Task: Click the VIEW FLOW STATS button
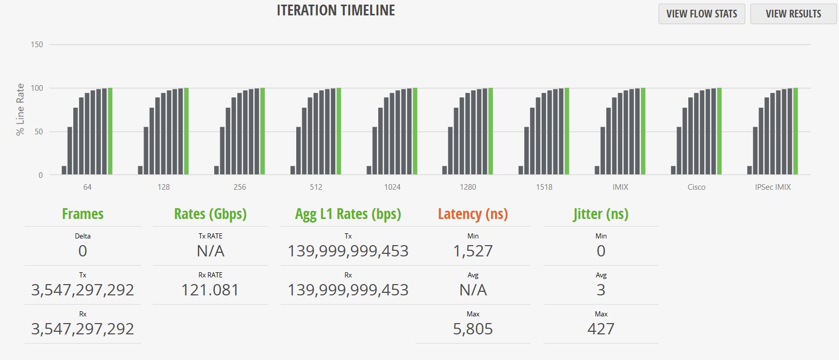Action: pos(701,14)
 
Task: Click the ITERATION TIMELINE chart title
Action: pos(336,10)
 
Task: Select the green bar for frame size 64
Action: pos(110,131)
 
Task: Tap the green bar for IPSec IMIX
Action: pos(795,131)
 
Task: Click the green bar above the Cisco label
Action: pos(719,131)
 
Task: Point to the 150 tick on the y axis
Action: pos(37,45)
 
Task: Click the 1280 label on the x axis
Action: pos(468,187)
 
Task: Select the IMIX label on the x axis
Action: pos(620,187)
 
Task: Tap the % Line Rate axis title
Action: pos(21,109)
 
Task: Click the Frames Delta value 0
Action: pos(83,251)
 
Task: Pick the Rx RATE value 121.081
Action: pos(210,290)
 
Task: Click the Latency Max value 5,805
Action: pos(473,329)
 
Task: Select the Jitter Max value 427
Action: pos(601,329)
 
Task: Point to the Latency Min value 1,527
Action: pos(473,251)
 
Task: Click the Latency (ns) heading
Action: pos(473,214)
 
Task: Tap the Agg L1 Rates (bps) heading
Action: pos(348,214)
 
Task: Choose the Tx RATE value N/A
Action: pos(210,251)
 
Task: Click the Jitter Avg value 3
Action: pos(601,290)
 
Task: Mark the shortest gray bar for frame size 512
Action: pos(293,170)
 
